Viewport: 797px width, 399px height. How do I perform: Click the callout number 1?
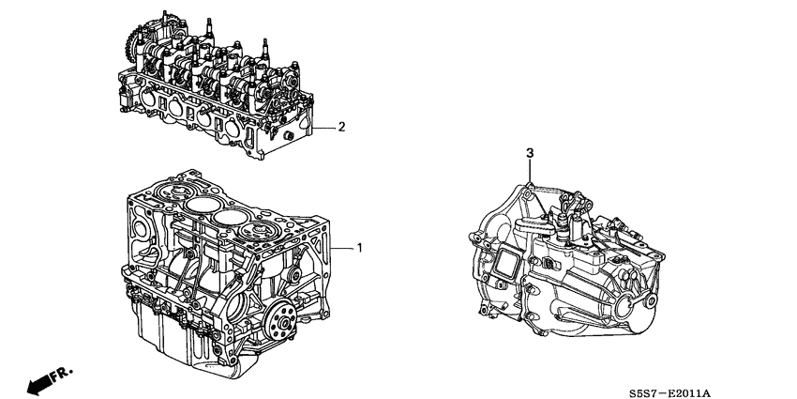pyautogui.click(x=359, y=248)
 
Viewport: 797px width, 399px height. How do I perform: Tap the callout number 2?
pyautogui.click(x=341, y=127)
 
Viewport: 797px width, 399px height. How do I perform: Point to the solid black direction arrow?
pyautogui.click(x=39, y=384)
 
